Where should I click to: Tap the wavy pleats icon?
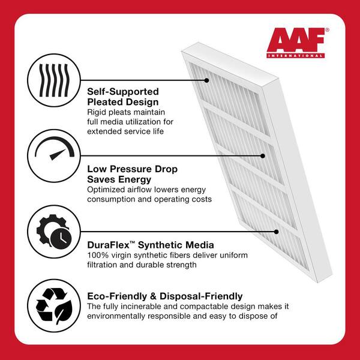pos(54,80)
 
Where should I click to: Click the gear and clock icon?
pos(54,232)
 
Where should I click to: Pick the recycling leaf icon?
pos(54,305)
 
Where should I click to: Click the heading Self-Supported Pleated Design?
pos(123,97)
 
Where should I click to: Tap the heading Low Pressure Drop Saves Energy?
pos(132,174)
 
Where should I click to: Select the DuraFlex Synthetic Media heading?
pos(151,245)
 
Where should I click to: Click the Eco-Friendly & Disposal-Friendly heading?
pos(164,296)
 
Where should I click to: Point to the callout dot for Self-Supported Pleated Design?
pos(206,80)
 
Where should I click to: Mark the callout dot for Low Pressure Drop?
pos(263,156)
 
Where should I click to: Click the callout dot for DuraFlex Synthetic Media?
pos(277,232)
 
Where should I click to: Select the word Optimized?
pos(105,190)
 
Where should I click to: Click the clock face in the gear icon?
pos(61,239)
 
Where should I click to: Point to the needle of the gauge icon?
pos(58,155)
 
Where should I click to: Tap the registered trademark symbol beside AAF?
pos(327,30)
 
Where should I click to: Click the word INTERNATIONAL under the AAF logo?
pos(295,56)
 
